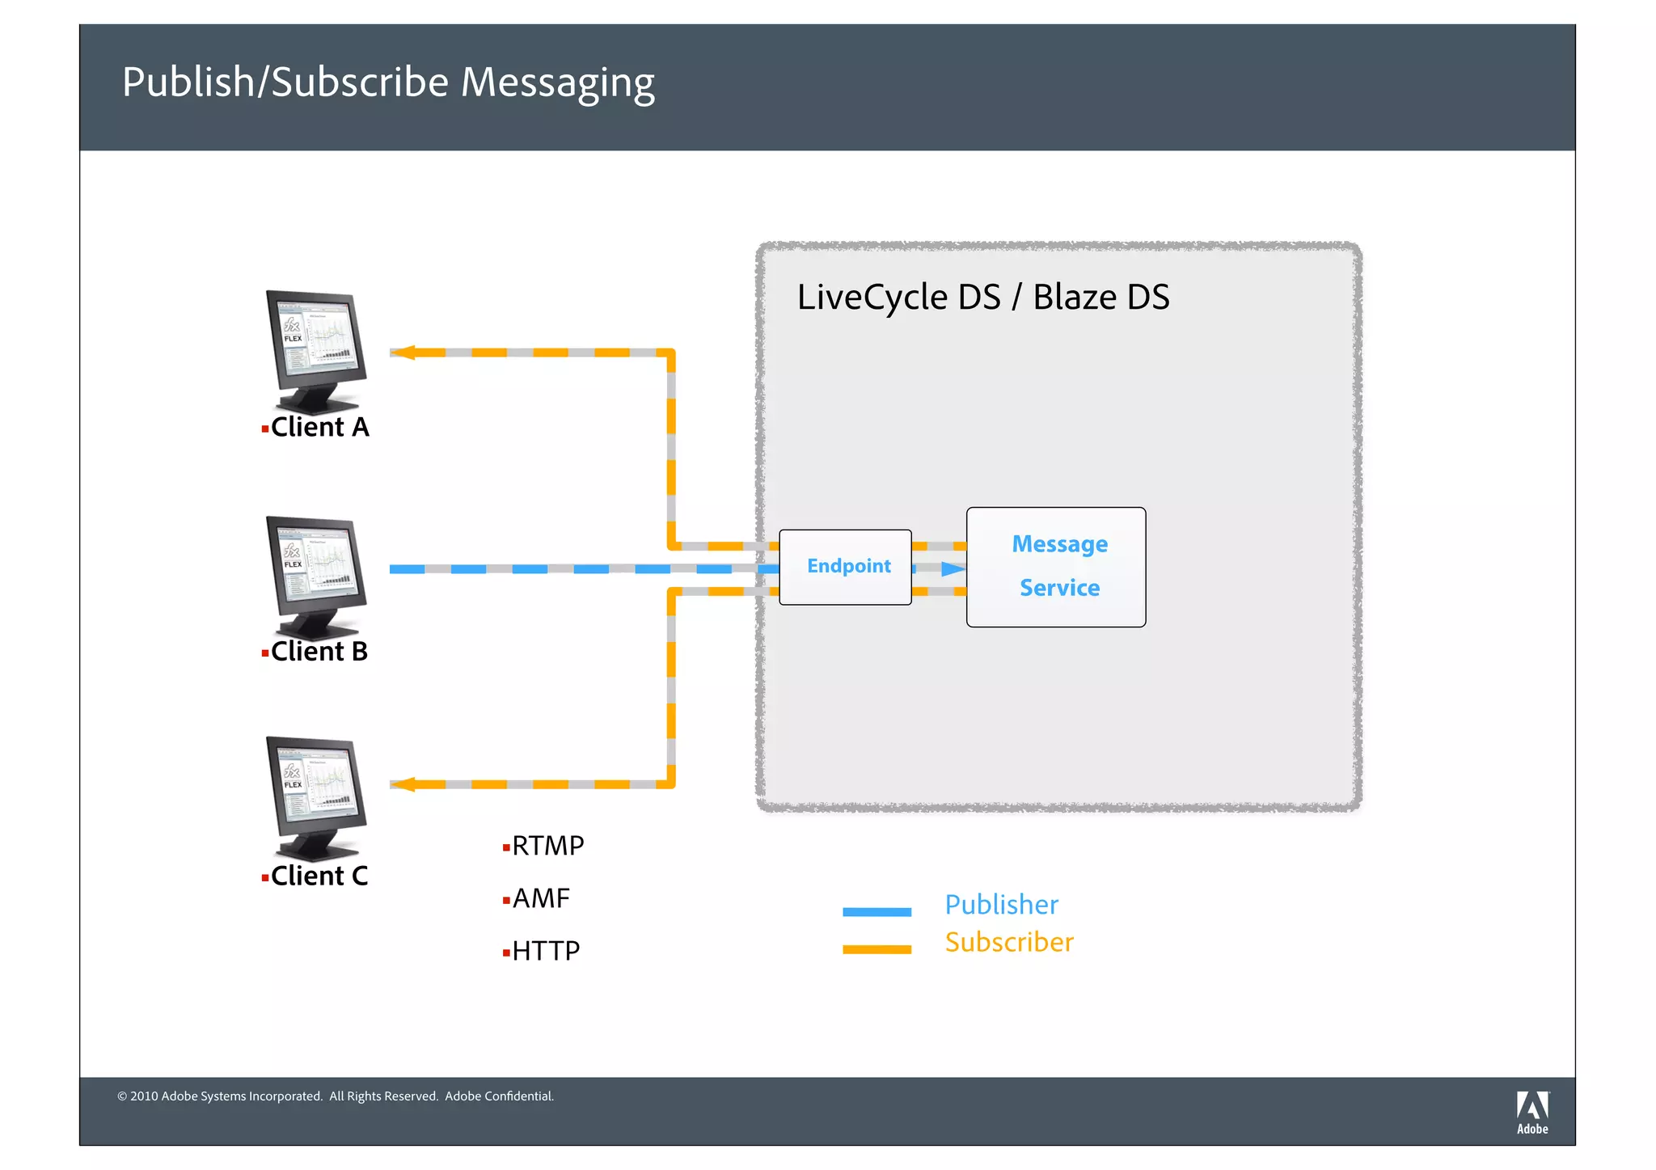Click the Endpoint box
point(845,567)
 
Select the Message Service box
point(1056,567)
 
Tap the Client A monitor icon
point(316,352)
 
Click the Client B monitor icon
point(316,577)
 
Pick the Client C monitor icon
point(316,797)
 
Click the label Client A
point(319,427)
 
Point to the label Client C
point(319,876)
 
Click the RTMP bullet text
point(547,846)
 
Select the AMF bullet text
point(541,898)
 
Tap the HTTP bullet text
point(546,951)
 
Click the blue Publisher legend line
point(877,911)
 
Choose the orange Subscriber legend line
point(877,949)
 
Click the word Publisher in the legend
point(1001,905)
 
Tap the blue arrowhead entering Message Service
point(953,569)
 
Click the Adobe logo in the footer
point(1531,1112)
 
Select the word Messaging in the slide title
point(557,83)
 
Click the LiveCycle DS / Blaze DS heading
point(982,298)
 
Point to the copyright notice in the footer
point(336,1096)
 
